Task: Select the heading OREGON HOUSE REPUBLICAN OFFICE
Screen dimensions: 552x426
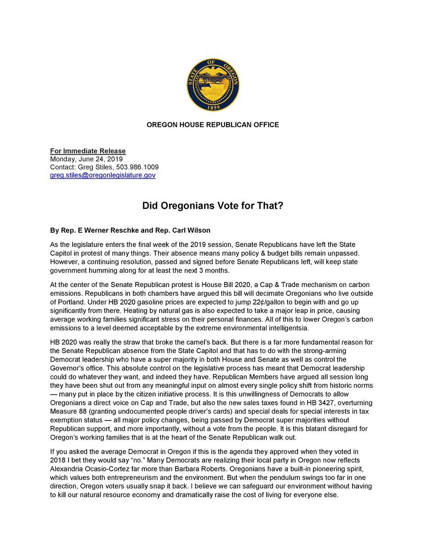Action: [x=213, y=125]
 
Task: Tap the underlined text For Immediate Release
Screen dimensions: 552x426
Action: [x=88, y=151]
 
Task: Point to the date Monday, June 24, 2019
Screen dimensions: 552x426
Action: [x=86, y=159]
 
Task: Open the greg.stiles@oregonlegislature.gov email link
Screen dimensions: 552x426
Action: [x=102, y=176]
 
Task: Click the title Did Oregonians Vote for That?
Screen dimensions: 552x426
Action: [x=213, y=206]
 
